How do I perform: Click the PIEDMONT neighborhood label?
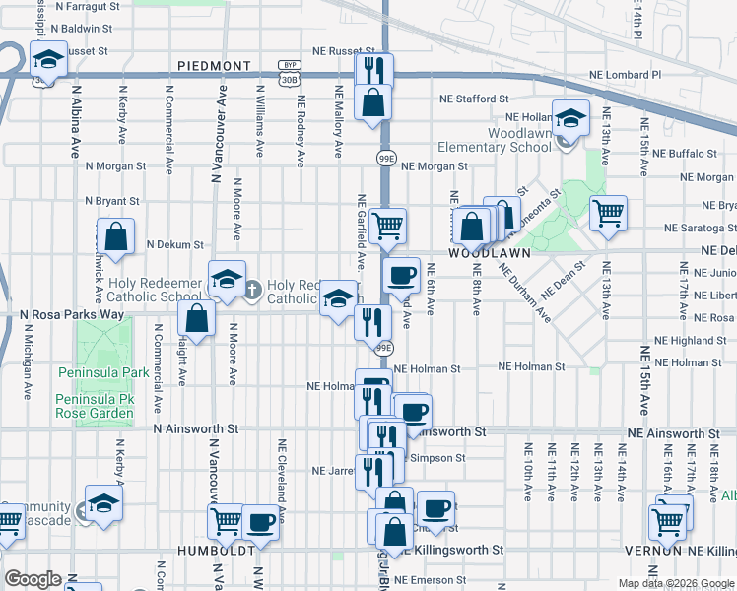215,66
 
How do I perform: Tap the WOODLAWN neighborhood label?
483,252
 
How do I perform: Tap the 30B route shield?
288,78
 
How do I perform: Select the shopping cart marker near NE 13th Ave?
608,211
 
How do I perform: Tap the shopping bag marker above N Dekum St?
115,236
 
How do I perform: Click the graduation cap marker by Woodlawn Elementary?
569,120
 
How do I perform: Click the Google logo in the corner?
33,579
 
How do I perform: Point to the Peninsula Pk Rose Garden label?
95,407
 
